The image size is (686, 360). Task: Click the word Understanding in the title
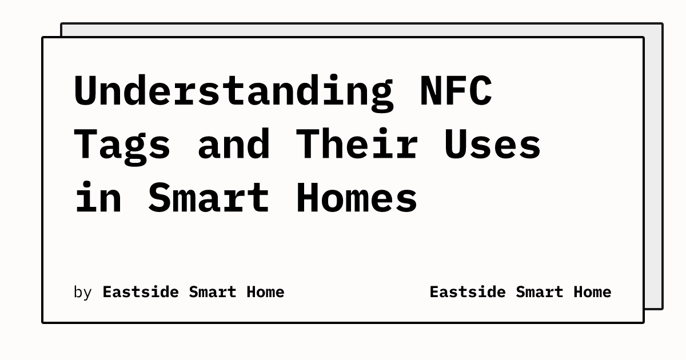tap(233, 91)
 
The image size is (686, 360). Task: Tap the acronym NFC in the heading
tap(456, 91)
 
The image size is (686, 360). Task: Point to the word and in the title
tap(234, 144)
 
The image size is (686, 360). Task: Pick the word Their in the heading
tap(357, 144)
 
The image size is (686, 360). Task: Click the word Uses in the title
tap(492, 144)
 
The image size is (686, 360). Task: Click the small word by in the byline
tap(83, 293)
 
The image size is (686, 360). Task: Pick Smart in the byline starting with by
tap(212, 292)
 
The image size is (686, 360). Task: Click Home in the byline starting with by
tap(265, 292)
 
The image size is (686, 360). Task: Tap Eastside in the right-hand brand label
tap(467, 292)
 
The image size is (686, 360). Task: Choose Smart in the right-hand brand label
tap(539, 292)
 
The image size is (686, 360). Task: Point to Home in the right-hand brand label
tap(592, 292)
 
